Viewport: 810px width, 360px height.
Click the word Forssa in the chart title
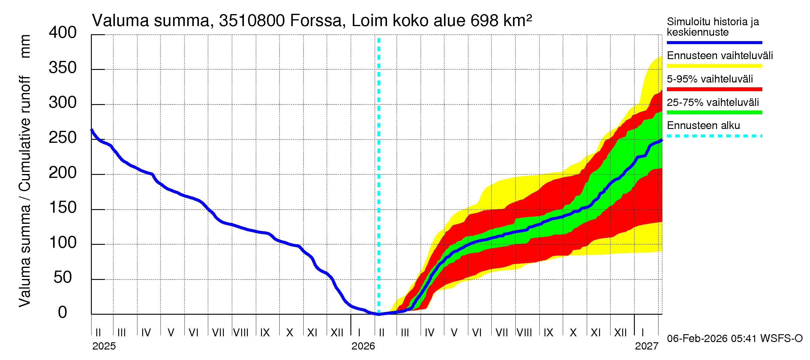[x=315, y=21]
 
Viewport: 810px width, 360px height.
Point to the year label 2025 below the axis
[x=104, y=346]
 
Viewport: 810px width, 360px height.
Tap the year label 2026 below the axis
[x=363, y=346]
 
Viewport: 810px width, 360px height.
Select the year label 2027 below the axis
[x=646, y=346]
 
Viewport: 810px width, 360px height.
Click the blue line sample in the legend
[x=714, y=42]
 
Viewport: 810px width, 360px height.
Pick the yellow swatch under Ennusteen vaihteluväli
[x=714, y=66]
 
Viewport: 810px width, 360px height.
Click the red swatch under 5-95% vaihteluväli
[x=714, y=89]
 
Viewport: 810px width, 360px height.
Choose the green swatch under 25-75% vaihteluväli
[x=714, y=112]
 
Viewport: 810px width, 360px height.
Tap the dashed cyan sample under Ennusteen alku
[x=714, y=136]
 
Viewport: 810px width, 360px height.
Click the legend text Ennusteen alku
[x=703, y=125]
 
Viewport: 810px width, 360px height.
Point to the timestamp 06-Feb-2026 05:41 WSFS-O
[x=734, y=339]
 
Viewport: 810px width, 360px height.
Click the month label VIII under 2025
[x=241, y=333]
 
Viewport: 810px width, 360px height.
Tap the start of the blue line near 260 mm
[x=92, y=130]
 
